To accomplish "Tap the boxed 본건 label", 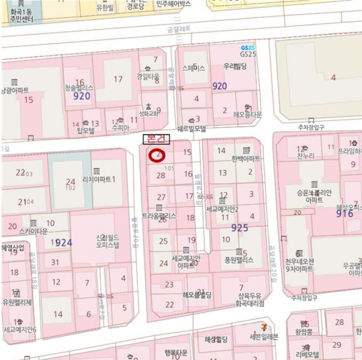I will [x=156, y=139].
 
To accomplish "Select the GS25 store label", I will [x=248, y=54].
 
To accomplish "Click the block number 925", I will [x=240, y=228].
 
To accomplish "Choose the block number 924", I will [x=64, y=242].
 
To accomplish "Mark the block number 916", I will [x=344, y=213].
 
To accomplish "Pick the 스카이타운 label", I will [x=33, y=231].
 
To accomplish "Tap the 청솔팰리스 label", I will [x=79, y=88].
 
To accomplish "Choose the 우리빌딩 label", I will [x=235, y=67].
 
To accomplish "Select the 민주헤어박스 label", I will [x=173, y=4].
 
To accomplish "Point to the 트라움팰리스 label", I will [x=159, y=215].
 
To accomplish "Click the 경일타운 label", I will [x=148, y=76].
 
